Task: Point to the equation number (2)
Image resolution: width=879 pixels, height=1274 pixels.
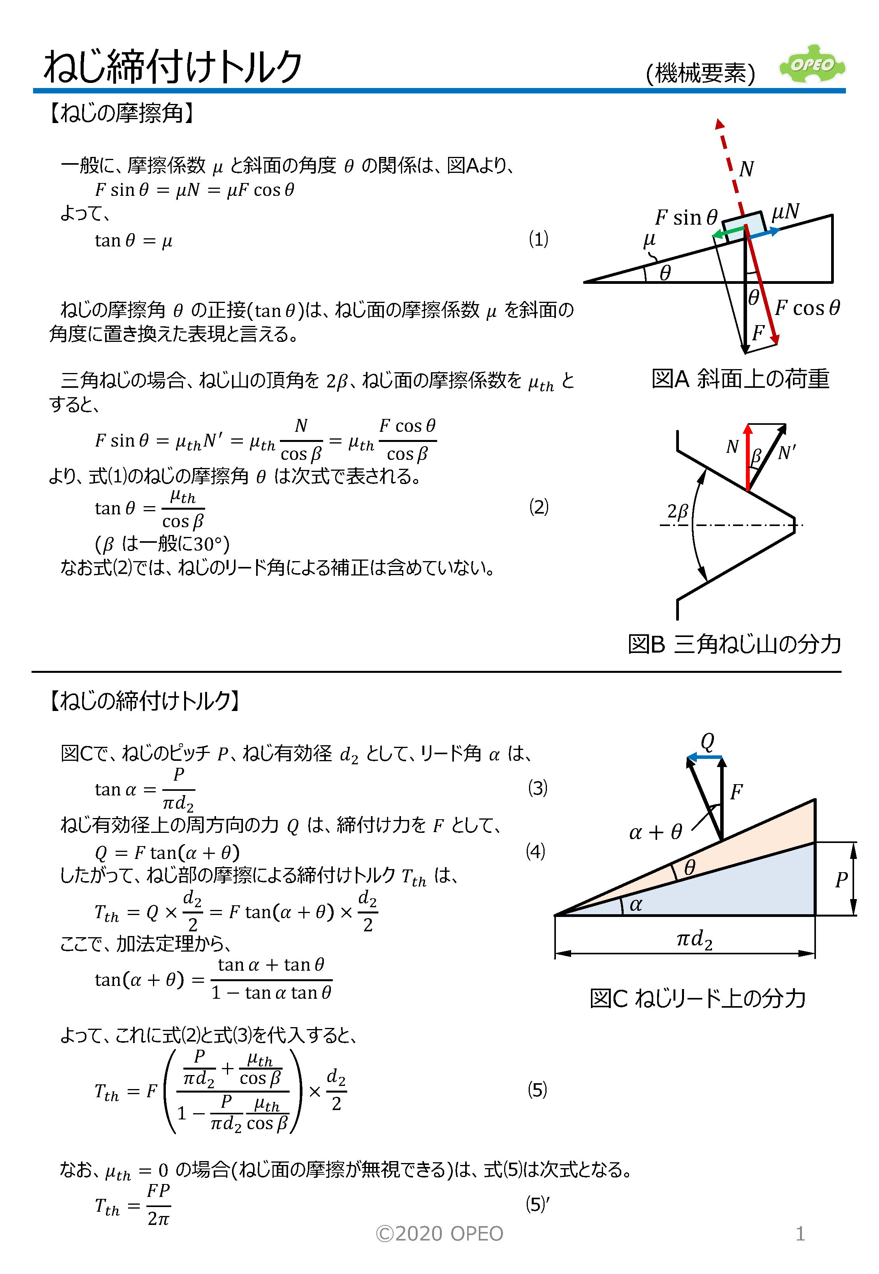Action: coord(538,506)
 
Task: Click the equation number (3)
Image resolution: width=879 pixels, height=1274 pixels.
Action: coord(538,788)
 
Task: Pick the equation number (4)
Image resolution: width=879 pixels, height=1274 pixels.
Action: coord(535,851)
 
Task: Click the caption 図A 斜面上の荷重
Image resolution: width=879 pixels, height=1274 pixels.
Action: coord(740,379)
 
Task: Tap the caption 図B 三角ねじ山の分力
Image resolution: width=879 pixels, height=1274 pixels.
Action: coord(734,644)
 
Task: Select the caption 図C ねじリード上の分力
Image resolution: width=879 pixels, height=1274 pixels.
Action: coord(698,998)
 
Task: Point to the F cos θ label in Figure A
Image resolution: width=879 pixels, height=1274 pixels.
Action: coord(807,308)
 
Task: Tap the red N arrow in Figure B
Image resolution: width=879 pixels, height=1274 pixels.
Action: coord(747,457)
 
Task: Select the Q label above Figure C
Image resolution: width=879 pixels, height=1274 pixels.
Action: coord(708,741)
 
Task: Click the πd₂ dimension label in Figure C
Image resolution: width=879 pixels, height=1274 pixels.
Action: coord(694,940)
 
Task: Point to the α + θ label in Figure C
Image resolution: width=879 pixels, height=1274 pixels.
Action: coord(656,832)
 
